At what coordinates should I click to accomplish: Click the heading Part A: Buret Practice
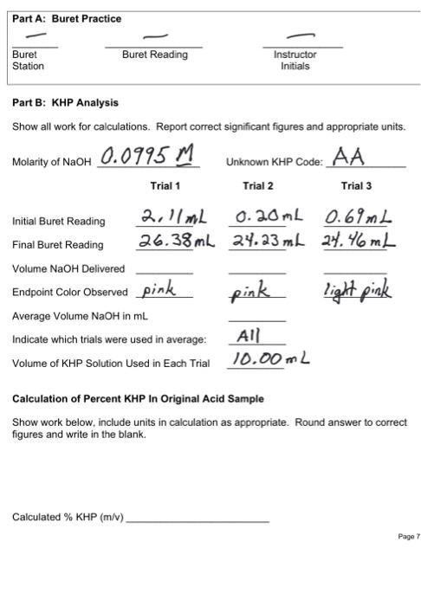coord(67,19)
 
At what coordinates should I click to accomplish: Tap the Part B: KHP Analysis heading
coord(66,103)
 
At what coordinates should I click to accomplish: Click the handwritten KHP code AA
coord(350,158)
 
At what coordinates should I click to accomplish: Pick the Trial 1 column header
coord(165,186)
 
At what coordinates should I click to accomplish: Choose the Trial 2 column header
coord(258,186)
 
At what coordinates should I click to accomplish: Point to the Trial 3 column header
coord(356,186)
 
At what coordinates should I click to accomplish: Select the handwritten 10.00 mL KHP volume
coord(270,358)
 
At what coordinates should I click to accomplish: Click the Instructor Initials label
coord(295,60)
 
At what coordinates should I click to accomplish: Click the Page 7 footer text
coord(408,537)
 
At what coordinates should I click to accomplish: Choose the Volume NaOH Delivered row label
coord(68,268)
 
